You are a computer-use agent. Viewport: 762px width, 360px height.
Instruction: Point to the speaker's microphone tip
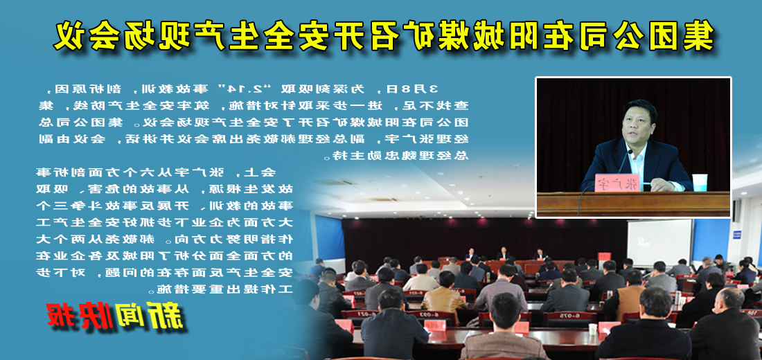point(632,151)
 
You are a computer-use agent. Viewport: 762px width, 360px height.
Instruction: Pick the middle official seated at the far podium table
point(504,253)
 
